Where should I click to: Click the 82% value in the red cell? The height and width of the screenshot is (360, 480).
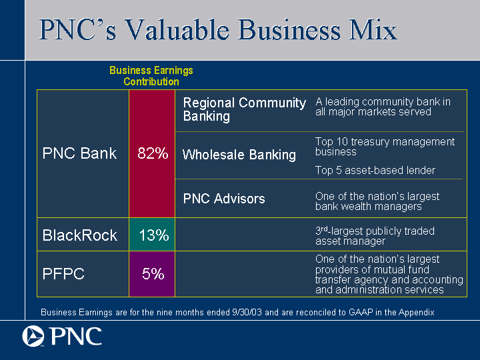pos(153,153)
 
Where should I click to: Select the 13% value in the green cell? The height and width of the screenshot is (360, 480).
pos(154,235)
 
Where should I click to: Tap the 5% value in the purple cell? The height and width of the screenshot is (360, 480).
pos(153,274)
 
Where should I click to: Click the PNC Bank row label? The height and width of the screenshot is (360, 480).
pos(79,153)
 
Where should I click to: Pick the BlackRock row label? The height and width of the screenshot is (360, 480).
pos(79,235)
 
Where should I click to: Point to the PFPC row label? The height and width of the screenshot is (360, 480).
pos(63,274)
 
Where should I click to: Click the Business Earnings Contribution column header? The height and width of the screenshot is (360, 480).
pos(151,76)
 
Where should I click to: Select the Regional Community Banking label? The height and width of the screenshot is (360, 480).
pos(244,109)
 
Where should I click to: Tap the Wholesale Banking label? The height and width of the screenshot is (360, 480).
pos(239,155)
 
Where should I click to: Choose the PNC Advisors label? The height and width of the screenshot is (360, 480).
pos(224,199)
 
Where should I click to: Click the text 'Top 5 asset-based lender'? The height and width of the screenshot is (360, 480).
pos(375,170)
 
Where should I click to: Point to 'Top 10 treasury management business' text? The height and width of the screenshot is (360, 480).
pos(385,147)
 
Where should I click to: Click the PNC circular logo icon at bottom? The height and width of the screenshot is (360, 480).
pos(33,336)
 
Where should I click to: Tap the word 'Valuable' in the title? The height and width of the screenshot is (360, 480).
pos(177,30)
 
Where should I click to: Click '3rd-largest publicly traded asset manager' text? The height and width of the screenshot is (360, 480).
pos(375,236)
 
